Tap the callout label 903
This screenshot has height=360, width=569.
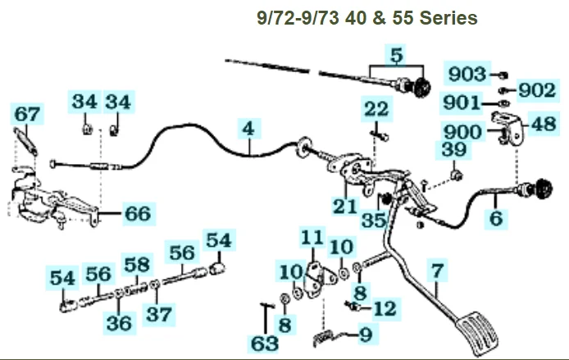(x=468, y=75)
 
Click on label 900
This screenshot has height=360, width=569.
(x=463, y=131)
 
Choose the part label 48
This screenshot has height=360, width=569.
(x=543, y=125)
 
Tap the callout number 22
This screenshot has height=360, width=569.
(x=376, y=109)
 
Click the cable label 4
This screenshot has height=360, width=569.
(x=248, y=128)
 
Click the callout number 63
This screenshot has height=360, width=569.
(x=264, y=340)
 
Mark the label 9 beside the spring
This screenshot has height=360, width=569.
(x=366, y=334)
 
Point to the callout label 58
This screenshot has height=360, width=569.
(x=138, y=263)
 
